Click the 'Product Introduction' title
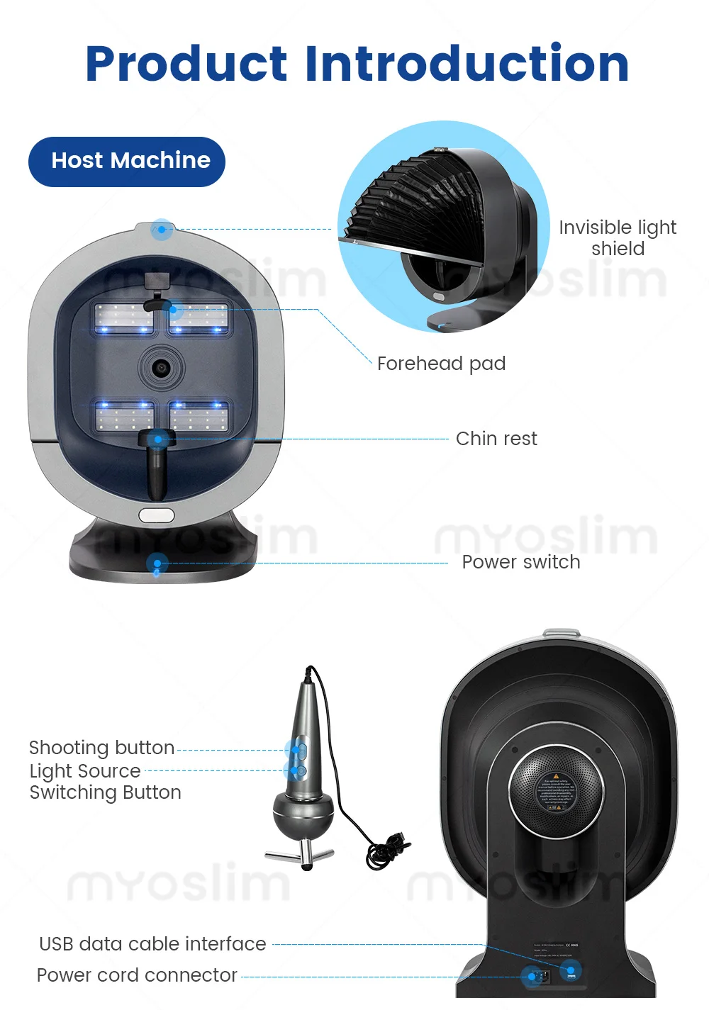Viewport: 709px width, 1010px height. click(357, 64)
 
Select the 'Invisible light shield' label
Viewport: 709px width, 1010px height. click(617, 237)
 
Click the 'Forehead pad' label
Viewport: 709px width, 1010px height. click(441, 364)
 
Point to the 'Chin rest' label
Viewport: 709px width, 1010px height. click(496, 439)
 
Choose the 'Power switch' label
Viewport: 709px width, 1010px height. click(520, 562)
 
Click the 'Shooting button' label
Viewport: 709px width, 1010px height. click(101, 748)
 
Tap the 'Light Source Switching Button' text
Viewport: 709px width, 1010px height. click(105, 782)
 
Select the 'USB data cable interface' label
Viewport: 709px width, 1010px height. click(152, 944)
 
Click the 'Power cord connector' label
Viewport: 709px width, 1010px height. click(137, 975)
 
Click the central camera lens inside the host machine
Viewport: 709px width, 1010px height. click(162, 368)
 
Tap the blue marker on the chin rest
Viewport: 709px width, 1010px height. click(158, 439)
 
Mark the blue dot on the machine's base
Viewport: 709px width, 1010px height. click(157, 564)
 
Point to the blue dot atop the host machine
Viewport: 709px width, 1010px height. click(162, 230)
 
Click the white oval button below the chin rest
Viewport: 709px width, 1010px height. click(156, 515)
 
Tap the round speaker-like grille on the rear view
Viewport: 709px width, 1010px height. click(556, 790)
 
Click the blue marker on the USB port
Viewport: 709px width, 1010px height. click(570, 970)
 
